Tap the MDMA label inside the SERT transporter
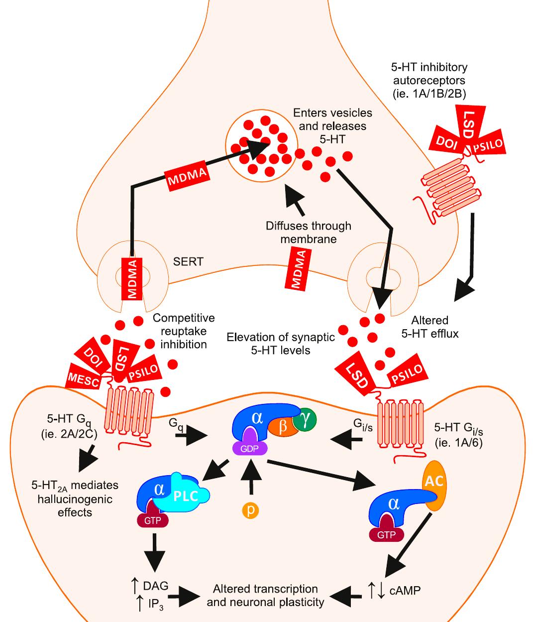pyautogui.click(x=132, y=278)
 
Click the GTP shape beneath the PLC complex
pyautogui.click(x=152, y=519)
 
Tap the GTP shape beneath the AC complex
pyautogui.click(x=386, y=533)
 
